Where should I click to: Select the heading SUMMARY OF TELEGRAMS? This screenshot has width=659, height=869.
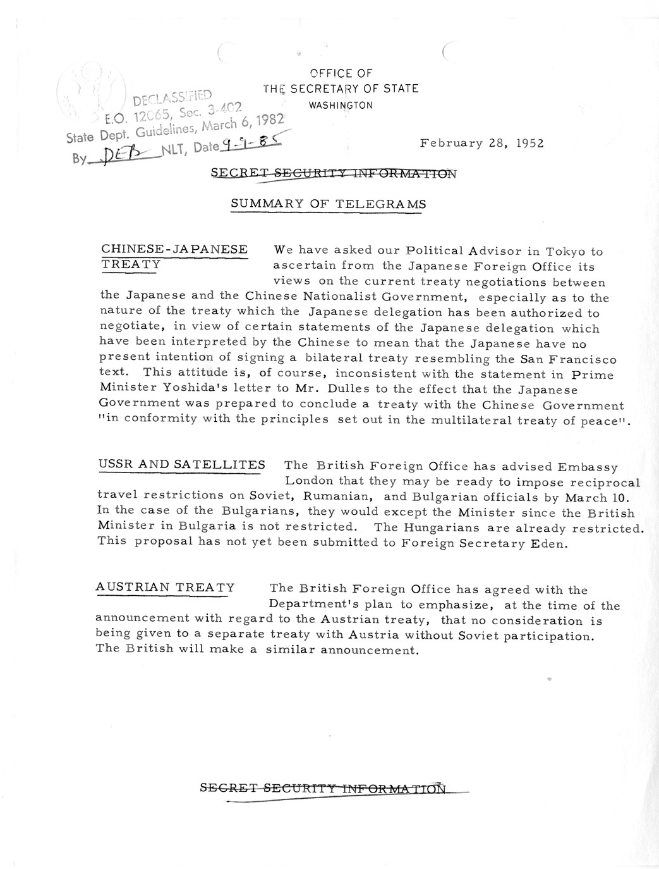tap(328, 204)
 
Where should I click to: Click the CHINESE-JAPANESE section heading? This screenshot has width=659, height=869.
tap(174, 249)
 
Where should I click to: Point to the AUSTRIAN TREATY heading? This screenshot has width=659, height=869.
tap(165, 588)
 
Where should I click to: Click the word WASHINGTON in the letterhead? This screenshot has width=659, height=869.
tap(341, 106)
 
